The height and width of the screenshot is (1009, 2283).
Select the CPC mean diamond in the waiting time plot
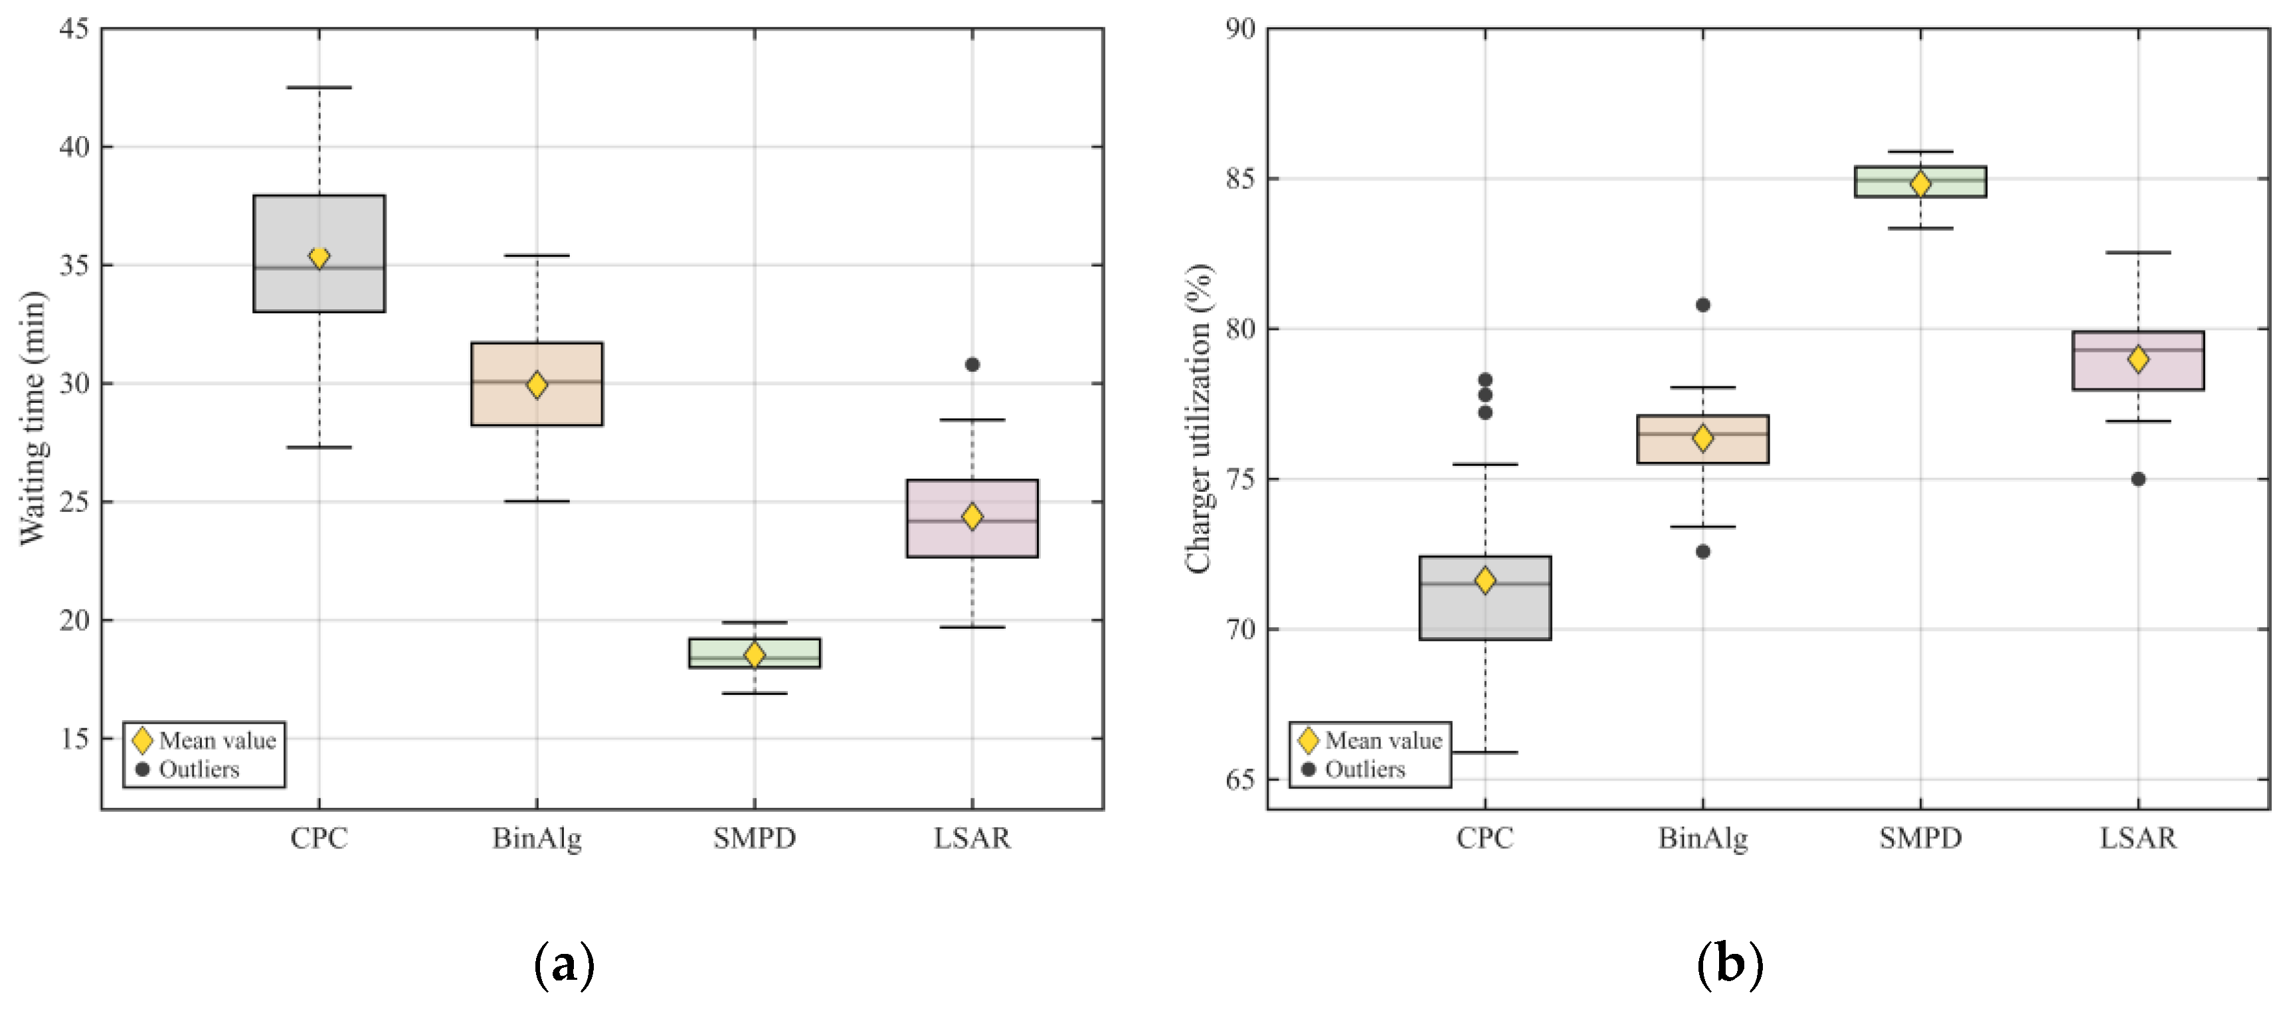point(319,258)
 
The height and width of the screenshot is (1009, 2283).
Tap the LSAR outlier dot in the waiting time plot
point(972,364)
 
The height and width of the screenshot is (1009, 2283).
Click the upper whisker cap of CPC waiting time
point(319,88)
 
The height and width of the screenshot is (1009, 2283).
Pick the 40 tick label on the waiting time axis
point(74,147)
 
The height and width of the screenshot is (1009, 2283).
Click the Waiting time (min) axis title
point(32,418)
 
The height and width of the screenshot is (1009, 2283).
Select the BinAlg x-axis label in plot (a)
point(537,838)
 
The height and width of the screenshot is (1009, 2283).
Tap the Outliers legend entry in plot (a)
point(199,769)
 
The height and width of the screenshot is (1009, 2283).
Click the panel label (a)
point(564,965)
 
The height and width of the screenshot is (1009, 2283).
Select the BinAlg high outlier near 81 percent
point(1702,305)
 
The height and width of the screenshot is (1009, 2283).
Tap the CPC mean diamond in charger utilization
point(1485,581)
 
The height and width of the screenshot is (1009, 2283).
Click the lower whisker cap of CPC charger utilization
point(1485,752)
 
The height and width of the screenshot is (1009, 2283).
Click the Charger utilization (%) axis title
point(1198,418)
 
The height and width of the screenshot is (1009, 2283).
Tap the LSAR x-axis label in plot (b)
point(2138,838)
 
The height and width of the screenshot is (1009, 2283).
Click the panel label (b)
point(1730,965)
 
